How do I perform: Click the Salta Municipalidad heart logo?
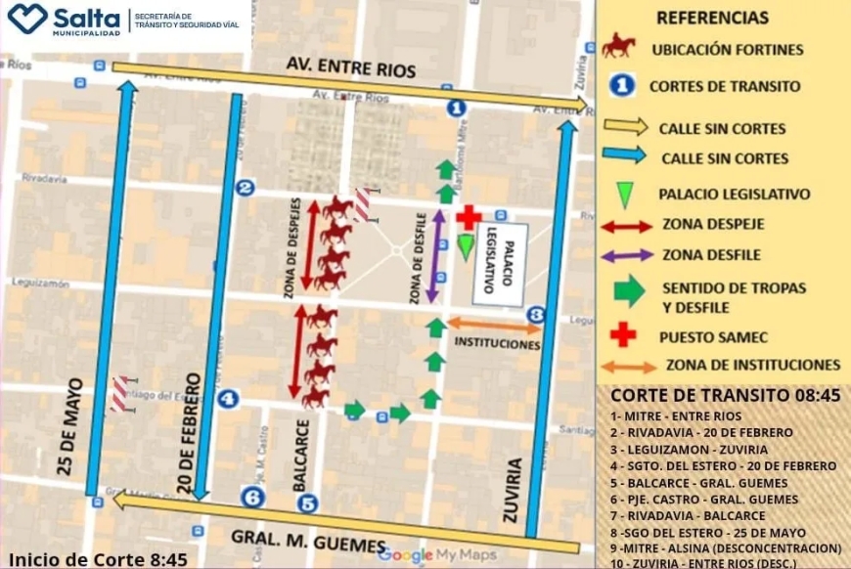26,18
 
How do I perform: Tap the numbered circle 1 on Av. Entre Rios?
455,108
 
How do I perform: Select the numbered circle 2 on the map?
246,188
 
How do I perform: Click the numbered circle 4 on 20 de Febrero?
228,398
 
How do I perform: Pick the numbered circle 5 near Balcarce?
309,503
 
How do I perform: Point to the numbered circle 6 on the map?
253,498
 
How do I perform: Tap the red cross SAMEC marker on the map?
470,217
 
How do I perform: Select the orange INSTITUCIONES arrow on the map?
495,327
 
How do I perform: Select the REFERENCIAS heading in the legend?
712,18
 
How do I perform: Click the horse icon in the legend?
619,46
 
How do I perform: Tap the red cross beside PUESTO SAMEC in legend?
623,334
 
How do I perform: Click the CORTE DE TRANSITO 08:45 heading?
725,396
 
